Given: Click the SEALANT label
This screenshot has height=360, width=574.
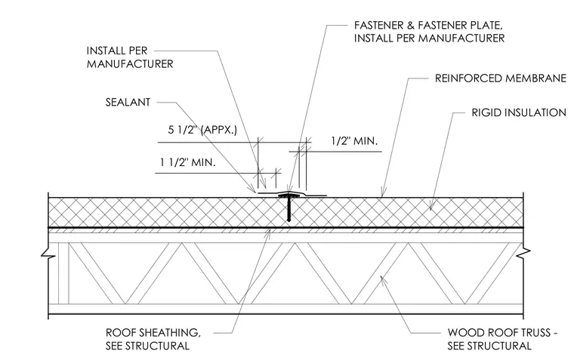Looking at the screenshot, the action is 128,102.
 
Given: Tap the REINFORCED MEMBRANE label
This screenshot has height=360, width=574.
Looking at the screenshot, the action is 501,78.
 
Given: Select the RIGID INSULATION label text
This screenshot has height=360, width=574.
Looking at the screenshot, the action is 519,112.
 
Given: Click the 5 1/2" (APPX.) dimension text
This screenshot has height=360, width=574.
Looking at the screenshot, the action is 202,130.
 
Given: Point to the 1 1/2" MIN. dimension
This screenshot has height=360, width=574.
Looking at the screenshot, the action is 188,162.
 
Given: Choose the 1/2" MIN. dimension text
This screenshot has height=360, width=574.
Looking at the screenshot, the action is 354,141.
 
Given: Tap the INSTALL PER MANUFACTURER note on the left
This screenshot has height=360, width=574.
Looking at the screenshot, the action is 130,57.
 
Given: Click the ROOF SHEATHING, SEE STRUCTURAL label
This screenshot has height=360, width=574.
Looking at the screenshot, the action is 153,339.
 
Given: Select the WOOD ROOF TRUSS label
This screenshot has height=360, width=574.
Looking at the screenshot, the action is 502,339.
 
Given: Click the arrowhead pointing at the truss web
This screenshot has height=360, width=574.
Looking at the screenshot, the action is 383,279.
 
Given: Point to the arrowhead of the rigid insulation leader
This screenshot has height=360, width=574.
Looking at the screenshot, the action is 431,207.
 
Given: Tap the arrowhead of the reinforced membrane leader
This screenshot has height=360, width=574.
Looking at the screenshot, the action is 383,193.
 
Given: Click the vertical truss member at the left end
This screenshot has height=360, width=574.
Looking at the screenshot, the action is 63,273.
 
